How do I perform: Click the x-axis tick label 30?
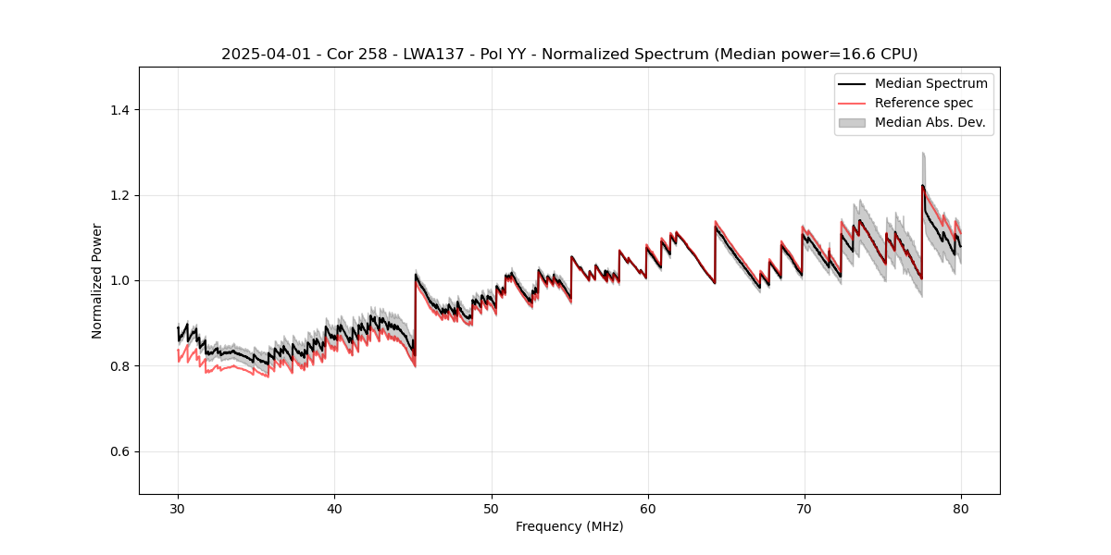pyautogui.click(x=178, y=508)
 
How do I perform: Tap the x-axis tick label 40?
pyautogui.click(x=334, y=508)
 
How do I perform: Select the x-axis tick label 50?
pyautogui.click(x=492, y=508)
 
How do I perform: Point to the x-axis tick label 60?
pyautogui.click(x=648, y=508)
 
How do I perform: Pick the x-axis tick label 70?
pyautogui.click(x=805, y=508)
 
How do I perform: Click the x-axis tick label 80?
pyautogui.click(x=961, y=508)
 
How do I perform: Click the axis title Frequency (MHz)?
pyautogui.click(x=569, y=526)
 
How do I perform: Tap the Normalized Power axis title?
pyautogui.click(x=97, y=280)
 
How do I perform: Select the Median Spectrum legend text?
pyautogui.click(x=930, y=83)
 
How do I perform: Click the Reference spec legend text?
pyautogui.click(x=923, y=103)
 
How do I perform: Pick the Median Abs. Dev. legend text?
pyautogui.click(x=930, y=122)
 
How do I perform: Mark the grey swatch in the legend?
pyautogui.click(x=852, y=122)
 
